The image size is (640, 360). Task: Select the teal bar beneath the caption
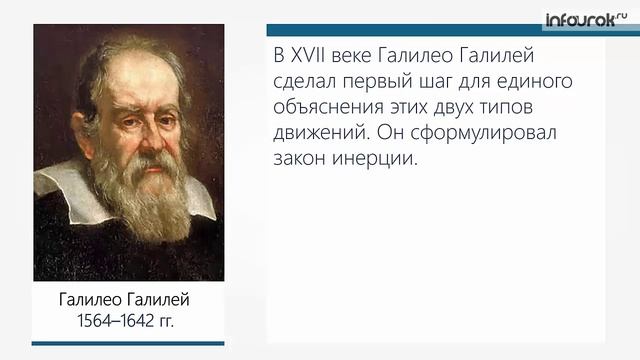(113, 343)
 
